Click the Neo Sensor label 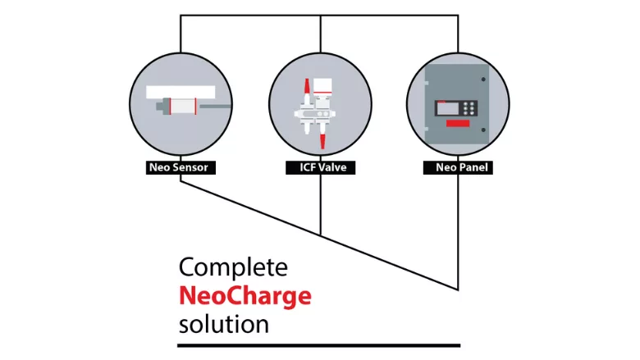tap(178, 168)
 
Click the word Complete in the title tap(233, 267)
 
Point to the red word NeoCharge tap(245, 295)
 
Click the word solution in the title tap(223, 323)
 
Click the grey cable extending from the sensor tap(214, 105)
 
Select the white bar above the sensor tap(181, 91)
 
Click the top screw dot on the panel tap(484, 80)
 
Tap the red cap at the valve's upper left tap(308, 84)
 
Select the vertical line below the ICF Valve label tap(319, 205)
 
